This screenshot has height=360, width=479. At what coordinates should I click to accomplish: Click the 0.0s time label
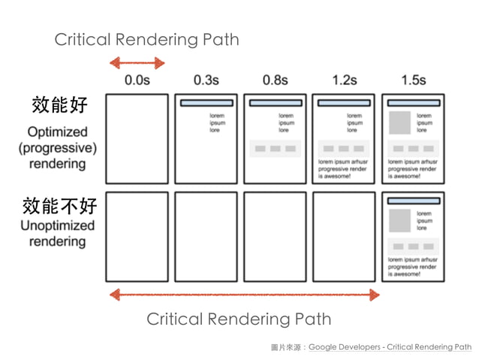(x=137, y=80)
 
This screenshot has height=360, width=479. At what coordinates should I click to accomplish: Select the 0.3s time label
(x=206, y=80)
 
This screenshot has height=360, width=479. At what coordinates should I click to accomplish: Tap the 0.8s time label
(x=276, y=80)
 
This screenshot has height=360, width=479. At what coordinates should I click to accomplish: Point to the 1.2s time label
(x=345, y=80)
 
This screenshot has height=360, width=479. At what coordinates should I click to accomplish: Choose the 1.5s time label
(x=413, y=80)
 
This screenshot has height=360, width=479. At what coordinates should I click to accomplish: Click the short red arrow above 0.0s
(x=137, y=63)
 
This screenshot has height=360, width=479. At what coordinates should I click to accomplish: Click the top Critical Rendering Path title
(x=146, y=40)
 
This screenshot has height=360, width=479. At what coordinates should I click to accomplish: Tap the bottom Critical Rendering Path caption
(x=238, y=319)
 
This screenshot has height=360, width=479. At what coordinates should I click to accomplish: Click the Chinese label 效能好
(x=54, y=104)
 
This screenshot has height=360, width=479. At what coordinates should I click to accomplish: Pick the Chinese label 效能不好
(x=59, y=204)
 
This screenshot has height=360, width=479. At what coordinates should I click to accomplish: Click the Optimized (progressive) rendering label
(x=58, y=147)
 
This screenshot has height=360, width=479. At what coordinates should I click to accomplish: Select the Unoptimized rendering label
(x=58, y=233)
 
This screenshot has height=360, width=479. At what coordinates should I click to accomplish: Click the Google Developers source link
(x=390, y=347)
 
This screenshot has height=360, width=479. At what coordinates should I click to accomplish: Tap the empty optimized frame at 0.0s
(x=137, y=138)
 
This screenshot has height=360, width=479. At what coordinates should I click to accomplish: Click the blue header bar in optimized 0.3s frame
(x=206, y=103)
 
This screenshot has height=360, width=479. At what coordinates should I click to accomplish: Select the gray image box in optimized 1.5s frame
(x=399, y=123)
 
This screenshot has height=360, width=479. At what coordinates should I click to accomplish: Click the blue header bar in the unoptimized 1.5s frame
(x=413, y=201)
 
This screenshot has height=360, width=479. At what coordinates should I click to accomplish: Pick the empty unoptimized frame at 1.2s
(x=345, y=236)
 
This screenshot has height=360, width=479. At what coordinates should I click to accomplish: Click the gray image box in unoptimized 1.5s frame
(x=399, y=221)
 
